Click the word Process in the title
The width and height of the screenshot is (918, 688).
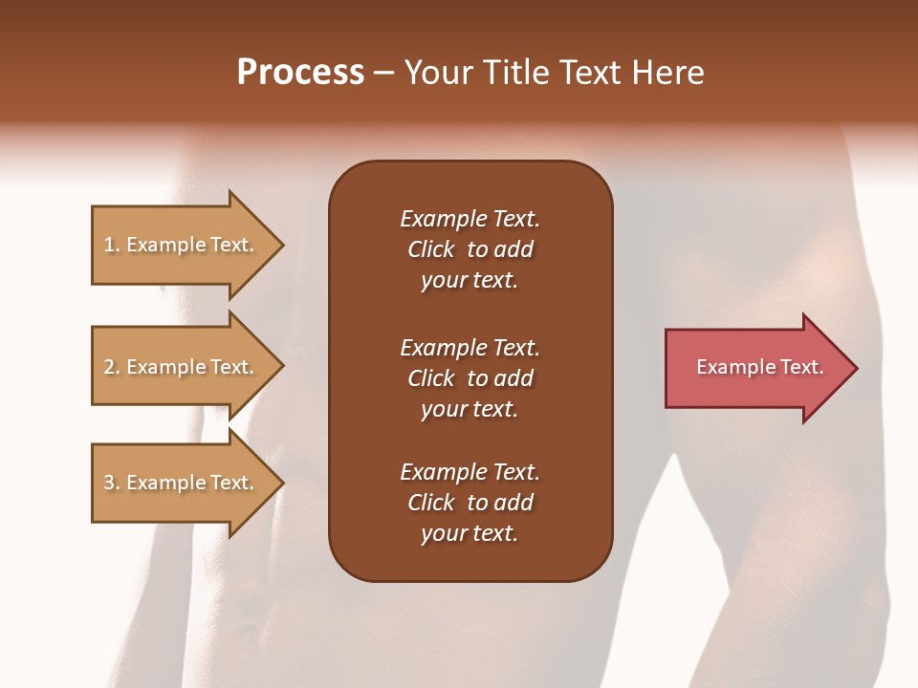(x=300, y=73)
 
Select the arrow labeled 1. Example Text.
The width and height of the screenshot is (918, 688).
(x=182, y=246)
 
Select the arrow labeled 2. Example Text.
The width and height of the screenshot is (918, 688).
(x=182, y=367)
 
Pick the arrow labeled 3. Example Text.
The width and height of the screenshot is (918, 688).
(x=182, y=483)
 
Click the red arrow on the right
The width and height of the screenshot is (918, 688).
(x=755, y=368)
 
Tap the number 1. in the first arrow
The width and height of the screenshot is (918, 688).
(x=112, y=246)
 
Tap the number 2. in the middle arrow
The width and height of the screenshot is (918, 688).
(x=112, y=367)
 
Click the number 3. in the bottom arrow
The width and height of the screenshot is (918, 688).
(x=112, y=483)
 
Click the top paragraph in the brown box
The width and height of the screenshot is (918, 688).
(x=470, y=249)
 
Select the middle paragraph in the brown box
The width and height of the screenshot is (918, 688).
(x=470, y=378)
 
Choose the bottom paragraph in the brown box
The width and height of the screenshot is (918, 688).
(x=470, y=503)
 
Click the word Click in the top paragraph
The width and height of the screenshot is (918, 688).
(x=430, y=249)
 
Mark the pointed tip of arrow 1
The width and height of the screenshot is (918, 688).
(x=282, y=246)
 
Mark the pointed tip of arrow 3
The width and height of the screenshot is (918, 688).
(x=282, y=483)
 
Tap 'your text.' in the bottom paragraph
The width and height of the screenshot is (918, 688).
(x=470, y=533)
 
